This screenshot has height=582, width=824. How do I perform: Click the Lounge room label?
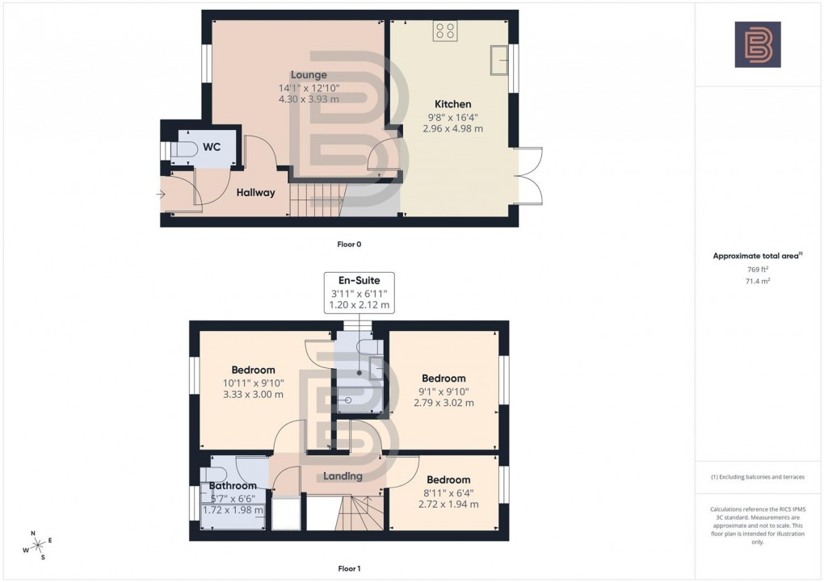(309, 75)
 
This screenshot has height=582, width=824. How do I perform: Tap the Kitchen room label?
(452, 104)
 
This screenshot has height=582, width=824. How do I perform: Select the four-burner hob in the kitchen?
(444, 31)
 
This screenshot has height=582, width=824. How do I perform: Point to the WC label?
(212, 147)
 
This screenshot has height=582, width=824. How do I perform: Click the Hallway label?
(255, 193)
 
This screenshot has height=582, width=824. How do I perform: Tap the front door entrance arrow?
(162, 194)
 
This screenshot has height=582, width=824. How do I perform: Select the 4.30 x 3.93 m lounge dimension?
(309, 99)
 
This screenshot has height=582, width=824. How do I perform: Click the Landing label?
(343, 476)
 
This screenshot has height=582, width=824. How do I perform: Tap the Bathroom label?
(233, 486)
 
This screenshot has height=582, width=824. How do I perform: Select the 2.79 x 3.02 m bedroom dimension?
(444, 403)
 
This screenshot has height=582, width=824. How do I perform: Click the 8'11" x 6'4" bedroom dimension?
(448, 492)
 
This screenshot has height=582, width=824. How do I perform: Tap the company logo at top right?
(757, 44)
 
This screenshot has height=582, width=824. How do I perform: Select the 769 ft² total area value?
(756, 270)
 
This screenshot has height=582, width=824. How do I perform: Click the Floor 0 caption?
(349, 243)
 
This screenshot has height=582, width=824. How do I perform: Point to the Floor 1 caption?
(349, 569)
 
